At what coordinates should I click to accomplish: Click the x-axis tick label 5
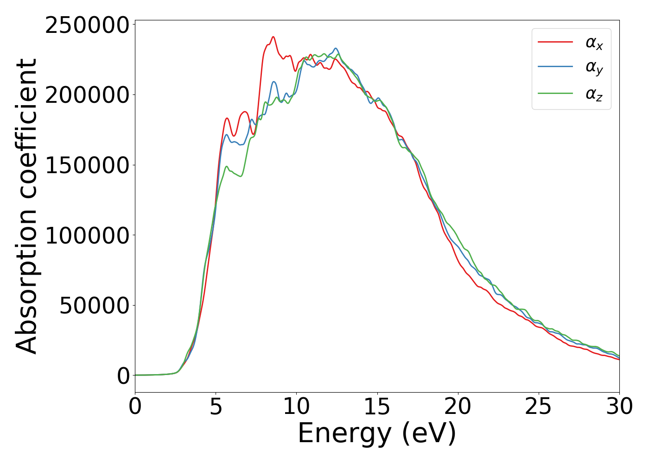pyautogui.click(x=216, y=407)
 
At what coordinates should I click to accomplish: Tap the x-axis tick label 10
pyautogui.click(x=296, y=407)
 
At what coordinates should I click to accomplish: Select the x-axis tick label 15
pyautogui.click(x=377, y=407)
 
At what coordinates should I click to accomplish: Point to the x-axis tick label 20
pyautogui.click(x=458, y=407)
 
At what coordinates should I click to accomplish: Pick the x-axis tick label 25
pyautogui.click(x=538, y=407)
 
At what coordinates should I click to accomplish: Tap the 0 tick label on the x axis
pyautogui.click(x=135, y=407)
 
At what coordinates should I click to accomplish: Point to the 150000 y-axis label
pyautogui.click(x=87, y=165)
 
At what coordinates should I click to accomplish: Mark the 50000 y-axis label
pyautogui.click(x=94, y=306)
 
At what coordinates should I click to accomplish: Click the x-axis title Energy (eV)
pyautogui.click(x=377, y=434)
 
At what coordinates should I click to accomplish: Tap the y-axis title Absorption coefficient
pyautogui.click(x=26, y=206)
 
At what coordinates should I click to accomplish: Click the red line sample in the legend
pyautogui.click(x=555, y=42)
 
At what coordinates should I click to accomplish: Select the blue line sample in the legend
pyautogui.click(x=555, y=68)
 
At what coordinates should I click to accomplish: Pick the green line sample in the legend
pyautogui.click(x=555, y=94)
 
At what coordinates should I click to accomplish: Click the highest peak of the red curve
pyautogui.click(x=273, y=37)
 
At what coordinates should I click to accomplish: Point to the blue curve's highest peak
pyautogui.click(x=336, y=48)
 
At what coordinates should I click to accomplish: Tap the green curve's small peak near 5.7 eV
pyautogui.click(x=227, y=166)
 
